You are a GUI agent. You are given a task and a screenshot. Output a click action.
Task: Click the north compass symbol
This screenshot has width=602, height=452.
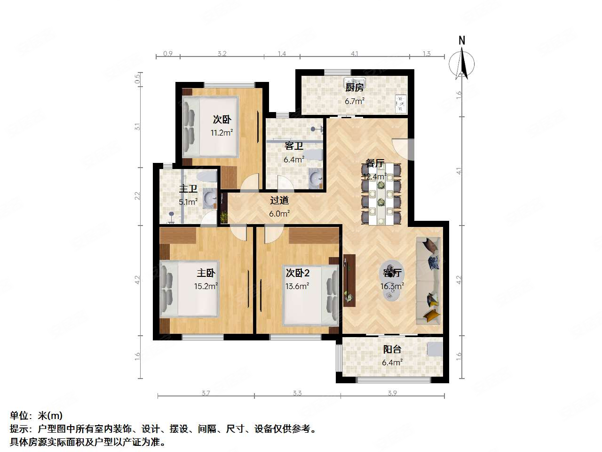461,61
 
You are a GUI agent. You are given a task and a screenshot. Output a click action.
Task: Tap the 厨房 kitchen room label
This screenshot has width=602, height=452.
354,88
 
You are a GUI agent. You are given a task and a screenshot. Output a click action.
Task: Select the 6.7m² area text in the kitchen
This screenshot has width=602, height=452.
355,101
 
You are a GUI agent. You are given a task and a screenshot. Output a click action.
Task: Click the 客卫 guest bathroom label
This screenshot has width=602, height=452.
293,146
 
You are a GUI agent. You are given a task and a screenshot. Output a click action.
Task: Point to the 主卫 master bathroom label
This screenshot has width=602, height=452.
188,189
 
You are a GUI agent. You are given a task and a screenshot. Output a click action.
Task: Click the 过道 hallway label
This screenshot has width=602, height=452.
279,201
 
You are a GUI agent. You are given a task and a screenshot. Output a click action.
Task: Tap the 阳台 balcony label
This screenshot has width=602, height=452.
392,349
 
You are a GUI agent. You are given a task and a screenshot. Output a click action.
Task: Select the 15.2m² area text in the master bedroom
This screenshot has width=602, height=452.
206,286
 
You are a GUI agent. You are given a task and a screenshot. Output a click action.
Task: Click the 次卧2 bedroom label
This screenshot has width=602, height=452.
298,273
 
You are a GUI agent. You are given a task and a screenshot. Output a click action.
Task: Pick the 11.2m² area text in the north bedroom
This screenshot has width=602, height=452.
222,133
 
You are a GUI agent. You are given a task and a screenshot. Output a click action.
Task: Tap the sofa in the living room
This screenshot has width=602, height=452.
428,281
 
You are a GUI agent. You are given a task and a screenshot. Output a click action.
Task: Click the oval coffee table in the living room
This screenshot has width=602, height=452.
391,281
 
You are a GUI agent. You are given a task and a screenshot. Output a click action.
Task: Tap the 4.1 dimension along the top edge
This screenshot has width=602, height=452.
355,54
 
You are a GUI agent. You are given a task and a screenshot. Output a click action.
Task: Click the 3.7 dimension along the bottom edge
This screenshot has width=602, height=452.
206,393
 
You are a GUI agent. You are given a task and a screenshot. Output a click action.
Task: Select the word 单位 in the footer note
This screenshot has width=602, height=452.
19,416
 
